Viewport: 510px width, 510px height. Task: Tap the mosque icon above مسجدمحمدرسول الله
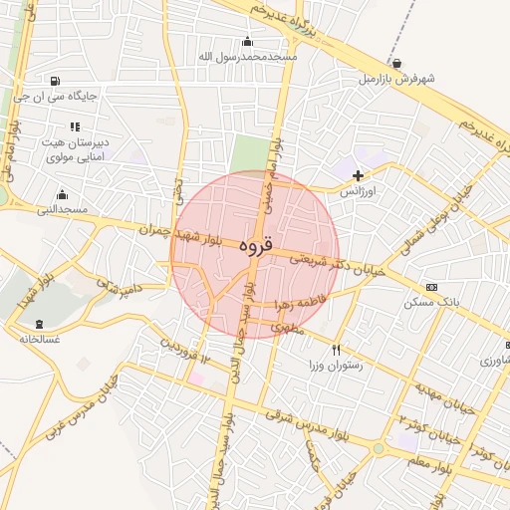(247, 42)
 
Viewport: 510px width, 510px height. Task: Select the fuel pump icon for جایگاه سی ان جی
(53, 81)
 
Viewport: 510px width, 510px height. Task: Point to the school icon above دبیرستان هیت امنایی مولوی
(74, 127)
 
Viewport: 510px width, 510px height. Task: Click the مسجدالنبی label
(63, 209)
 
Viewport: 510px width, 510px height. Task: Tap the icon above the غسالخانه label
(39, 324)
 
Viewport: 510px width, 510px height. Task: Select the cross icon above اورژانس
(358, 175)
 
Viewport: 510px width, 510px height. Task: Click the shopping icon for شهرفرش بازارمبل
(397, 63)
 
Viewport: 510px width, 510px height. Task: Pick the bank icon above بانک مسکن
(430, 287)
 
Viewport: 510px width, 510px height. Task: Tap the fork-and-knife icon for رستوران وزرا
(336, 350)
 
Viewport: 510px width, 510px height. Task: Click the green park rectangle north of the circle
(250, 153)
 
